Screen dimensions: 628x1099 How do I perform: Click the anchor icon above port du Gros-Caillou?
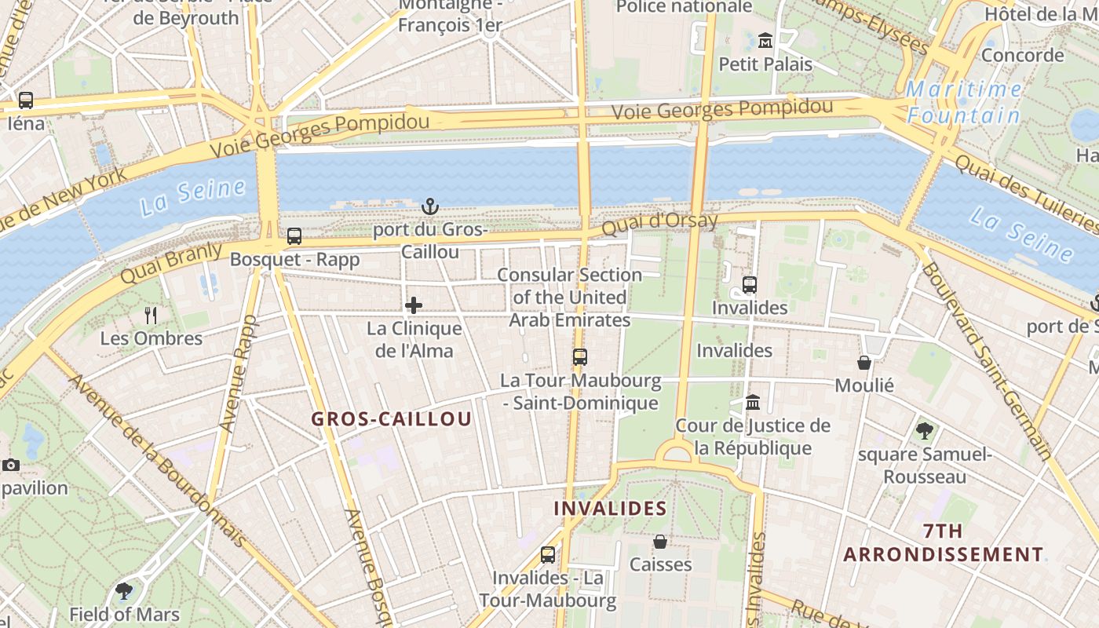(429, 206)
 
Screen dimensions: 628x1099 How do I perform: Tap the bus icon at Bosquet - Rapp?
(294, 235)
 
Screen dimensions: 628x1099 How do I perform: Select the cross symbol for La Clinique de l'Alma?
(414, 305)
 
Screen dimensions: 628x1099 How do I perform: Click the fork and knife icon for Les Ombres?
(151, 316)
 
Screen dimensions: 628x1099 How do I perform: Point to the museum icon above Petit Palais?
(765, 40)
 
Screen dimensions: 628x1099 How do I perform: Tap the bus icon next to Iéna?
(26, 100)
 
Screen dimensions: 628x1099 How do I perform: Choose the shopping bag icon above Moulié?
(864, 363)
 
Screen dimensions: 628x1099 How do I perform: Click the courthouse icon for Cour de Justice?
(753, 403)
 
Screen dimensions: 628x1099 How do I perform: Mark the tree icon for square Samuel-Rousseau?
(925, 430)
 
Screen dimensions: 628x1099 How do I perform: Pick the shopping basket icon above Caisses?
(660, 542)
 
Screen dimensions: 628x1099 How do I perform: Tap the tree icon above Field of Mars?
(123, 591)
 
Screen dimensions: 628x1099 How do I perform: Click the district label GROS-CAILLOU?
(392, 419)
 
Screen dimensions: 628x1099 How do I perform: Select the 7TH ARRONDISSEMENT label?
(944, 542)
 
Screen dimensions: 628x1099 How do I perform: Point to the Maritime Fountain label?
(964, 102)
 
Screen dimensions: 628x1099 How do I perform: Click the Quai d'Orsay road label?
(660, 223)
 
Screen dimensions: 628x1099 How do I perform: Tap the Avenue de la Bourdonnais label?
(157, 460)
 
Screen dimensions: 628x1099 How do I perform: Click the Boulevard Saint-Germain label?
(987, 360)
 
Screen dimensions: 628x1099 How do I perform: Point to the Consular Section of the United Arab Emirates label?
(570, 298)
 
